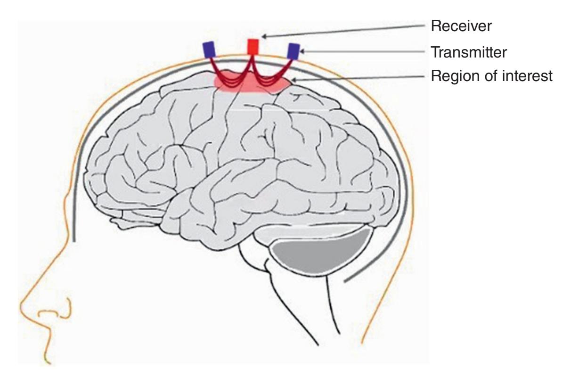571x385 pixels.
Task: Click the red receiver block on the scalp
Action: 253,46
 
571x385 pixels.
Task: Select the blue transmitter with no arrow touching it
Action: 209,49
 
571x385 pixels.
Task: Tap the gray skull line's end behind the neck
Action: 345,282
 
